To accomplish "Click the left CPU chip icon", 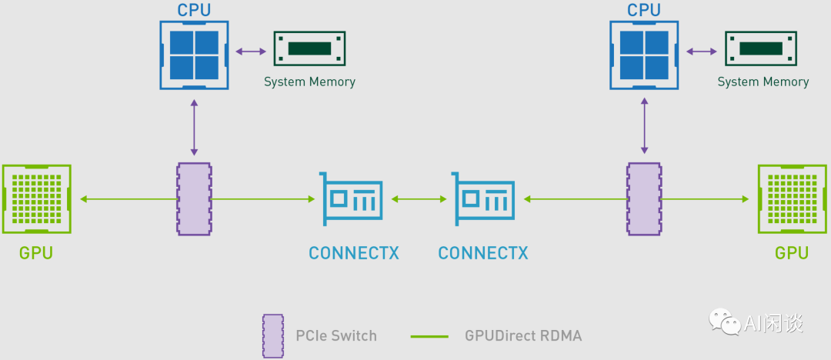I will [x=194, y=55].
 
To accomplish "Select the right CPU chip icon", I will [x=644, y=55].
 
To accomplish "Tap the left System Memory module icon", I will [x=309, y=49].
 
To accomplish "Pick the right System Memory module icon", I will [x=762, y=49].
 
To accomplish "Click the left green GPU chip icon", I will [x=36, y=199].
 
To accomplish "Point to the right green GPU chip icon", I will [x=792, y=199].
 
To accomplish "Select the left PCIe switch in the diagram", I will [x=194, y=199].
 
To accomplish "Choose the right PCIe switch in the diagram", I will [x=644, y=199].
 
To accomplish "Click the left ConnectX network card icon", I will [x=352, y=199].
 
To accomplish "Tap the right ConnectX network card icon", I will [x=484, y=199].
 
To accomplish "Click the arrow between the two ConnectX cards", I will [x=419, y=199].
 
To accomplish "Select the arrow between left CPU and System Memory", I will [x=250, y=52].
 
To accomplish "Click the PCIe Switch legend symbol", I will [x=273, y=335].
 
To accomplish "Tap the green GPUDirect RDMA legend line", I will [x=429, y=336].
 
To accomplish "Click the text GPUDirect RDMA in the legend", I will [x=523, y=335].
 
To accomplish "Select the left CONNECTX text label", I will [x=353, y=253].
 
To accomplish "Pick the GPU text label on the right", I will [x=792, y=253].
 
